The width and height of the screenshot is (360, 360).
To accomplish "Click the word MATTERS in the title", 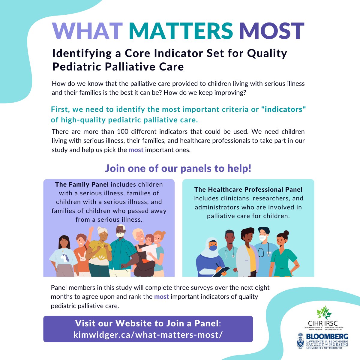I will (181, 31).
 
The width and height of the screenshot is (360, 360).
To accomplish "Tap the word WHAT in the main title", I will (87, 31).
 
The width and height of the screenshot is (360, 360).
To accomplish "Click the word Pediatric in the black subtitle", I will (76, 67).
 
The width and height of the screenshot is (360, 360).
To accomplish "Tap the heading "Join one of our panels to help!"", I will (178, 168).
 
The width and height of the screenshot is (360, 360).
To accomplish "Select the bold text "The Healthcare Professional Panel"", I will (248, 189).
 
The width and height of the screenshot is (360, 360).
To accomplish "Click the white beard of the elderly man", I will (120, 236).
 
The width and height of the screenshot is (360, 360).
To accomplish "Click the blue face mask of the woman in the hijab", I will (213, 248).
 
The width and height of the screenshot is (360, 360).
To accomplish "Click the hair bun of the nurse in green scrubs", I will (286, 233).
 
